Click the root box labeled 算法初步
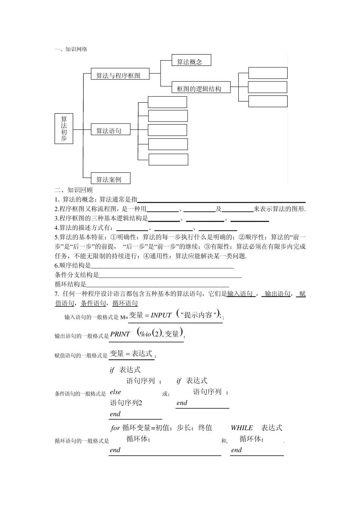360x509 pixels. coord(64,129)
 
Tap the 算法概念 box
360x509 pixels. coord(191,61)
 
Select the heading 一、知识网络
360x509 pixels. coord(71,49)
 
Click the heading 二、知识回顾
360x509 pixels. coord(74,190)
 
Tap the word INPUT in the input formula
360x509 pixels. coord(161,315)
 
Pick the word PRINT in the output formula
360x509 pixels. coord(120,334)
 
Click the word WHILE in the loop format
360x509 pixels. coord(242,428)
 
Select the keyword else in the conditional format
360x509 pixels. coord(115,392)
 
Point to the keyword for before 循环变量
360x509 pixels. coord(115,428)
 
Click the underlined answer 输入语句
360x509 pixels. coord(240,294)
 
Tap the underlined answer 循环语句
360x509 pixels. coord(125,303)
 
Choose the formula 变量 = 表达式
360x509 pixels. coord(131,354)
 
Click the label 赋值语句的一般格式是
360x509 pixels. coord(81,356)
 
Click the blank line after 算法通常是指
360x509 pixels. coord(221,200)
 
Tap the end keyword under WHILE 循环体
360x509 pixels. coord(236,450)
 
